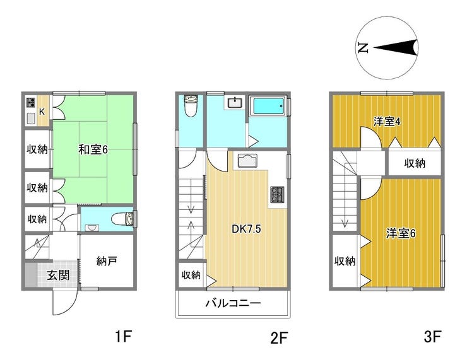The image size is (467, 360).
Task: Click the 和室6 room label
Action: click(x=93, y=149)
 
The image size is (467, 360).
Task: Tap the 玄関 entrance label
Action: click(x=58, y=276)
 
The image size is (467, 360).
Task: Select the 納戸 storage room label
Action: click(x=107, y=261)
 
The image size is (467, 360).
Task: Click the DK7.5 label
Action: click(x=246, y=229)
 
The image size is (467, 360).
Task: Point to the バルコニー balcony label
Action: click(x=233, y=303)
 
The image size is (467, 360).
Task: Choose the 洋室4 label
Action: click(x=387, y=122)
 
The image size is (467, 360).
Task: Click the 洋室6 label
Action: click(x=401, y=233)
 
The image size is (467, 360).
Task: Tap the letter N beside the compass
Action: click(x=363, y=48)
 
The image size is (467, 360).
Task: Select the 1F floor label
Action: click(x=123, y=337)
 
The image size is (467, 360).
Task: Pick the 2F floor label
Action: click(x=278, y=337)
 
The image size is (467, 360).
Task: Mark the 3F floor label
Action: click(x=432, y=337)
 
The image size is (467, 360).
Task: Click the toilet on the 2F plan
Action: click(x=191, y=106)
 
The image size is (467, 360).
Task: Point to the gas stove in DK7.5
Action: click(x=277, y=195)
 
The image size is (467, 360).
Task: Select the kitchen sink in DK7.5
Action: click(x=247, y=161)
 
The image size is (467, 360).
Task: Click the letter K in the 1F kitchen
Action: click(x=42, y=112)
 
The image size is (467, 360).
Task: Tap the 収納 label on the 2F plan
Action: click(x=191, y=275)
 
